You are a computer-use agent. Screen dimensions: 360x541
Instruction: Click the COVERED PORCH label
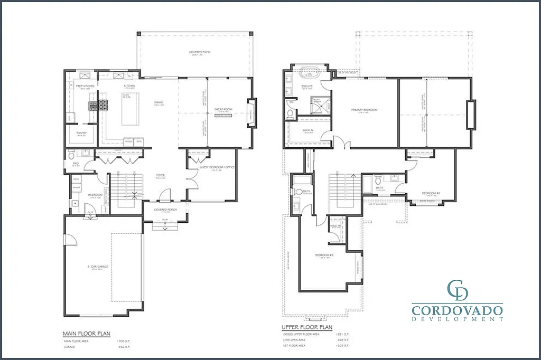165,210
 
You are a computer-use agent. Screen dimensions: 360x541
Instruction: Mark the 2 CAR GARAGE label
98,267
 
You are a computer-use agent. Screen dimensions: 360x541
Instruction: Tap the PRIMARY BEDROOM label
365,110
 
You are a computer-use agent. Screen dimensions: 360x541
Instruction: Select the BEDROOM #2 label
432,192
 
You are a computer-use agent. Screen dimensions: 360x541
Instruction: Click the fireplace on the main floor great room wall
252,113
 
